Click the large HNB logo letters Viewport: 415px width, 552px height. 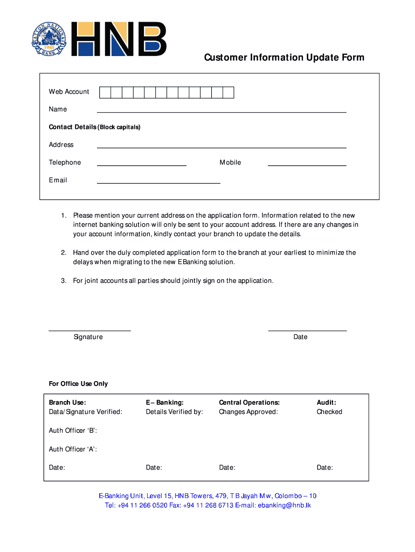(119, 39)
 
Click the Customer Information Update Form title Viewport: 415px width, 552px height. (283, 58)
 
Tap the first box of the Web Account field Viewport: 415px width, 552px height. (105, 92)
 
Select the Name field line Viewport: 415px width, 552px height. (221, 112)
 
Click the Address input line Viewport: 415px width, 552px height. (221, 147)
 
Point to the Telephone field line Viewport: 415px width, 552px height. (141, 165)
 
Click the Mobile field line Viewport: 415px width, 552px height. (307, 165)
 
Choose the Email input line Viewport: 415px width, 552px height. (158, 183)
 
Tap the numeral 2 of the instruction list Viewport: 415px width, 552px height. (63, 253)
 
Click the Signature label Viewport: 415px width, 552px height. (88, 337)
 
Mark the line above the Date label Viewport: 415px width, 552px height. (307, 330)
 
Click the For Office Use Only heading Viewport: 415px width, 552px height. (78, 384)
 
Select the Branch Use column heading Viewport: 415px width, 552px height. (67, 403)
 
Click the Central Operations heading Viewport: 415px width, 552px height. (249, 403)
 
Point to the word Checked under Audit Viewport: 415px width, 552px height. (329, 412)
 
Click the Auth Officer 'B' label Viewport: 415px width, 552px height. (73, 431)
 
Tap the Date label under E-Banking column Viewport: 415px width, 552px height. (154, 468)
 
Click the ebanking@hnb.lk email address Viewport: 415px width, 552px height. (284, 506)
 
